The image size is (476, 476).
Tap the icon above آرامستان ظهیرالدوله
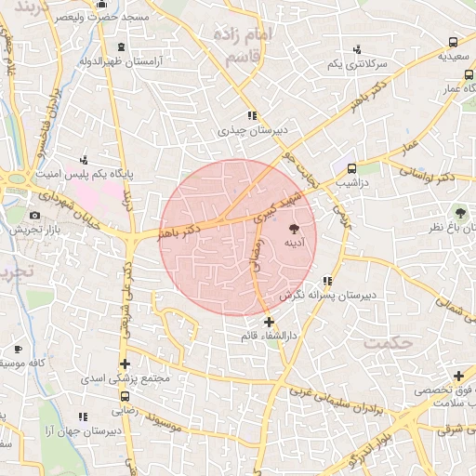[x=122, y=46]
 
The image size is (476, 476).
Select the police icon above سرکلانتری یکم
[x=357, y=49]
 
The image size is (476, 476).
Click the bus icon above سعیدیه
[x=453, y=42]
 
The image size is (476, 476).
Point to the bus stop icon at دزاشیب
[x=351, y=168]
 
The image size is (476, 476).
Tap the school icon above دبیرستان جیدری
[x=252, y=116]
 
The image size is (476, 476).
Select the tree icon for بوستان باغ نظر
[x=457, y=212]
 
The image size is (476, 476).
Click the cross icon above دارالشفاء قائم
[x=269, y=322]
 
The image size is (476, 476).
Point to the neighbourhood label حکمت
[x=388, y=342]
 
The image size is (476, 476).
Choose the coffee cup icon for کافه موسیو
[x=18, y=349]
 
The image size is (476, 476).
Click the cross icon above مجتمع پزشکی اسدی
[x=125, y=364]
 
